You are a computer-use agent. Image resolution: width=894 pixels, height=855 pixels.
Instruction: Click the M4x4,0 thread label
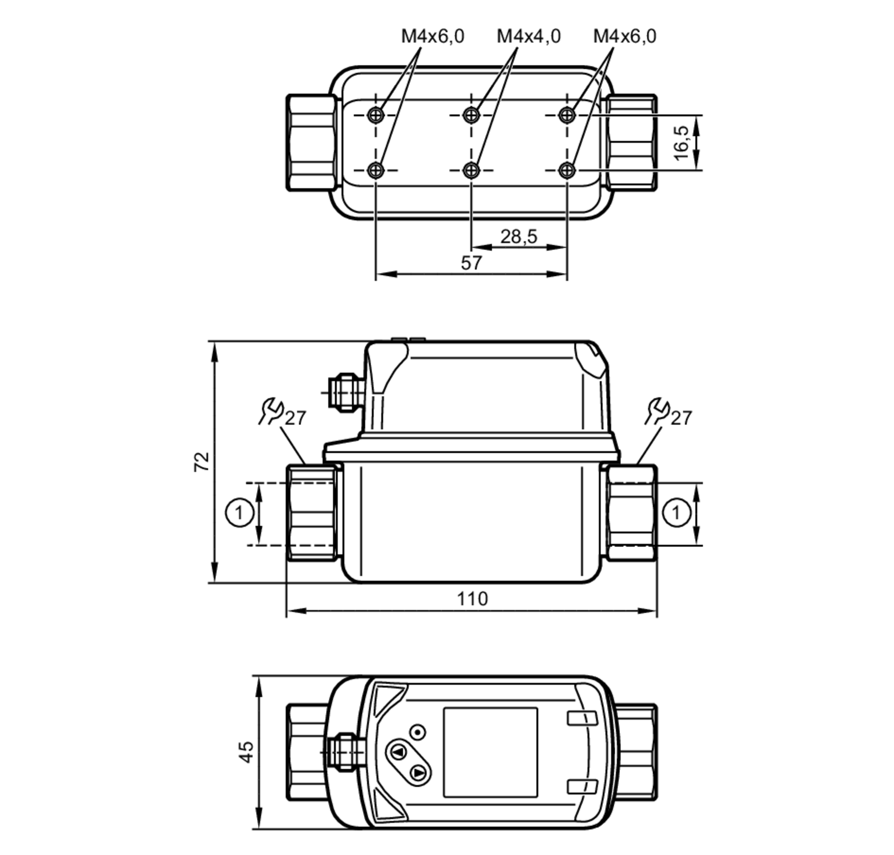coord(528,36)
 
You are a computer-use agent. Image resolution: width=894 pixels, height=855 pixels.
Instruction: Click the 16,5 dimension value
coord(681,143)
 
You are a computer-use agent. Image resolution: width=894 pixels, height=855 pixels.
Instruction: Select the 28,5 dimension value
coord(519,236)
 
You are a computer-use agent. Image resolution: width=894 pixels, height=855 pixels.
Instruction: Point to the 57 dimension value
coord(471,263)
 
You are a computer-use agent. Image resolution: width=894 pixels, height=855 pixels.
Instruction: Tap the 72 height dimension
coord(202,461)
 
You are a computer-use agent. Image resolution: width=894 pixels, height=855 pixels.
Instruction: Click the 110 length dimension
coord(472,598)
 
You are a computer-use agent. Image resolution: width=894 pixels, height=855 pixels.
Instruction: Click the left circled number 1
coord(239,513)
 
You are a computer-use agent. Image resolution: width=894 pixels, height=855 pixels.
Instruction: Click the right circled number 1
coord(675,513)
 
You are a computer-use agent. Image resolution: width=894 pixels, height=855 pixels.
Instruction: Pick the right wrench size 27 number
coord(681,418)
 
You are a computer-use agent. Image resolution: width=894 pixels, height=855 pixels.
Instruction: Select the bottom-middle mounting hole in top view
coord(471,170)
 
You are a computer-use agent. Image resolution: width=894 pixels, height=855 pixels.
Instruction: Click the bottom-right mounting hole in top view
coord(566,170)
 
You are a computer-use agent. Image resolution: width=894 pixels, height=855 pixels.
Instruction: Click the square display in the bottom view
coord(490,752)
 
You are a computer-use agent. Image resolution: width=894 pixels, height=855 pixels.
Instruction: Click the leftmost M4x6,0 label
coord(432,36)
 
